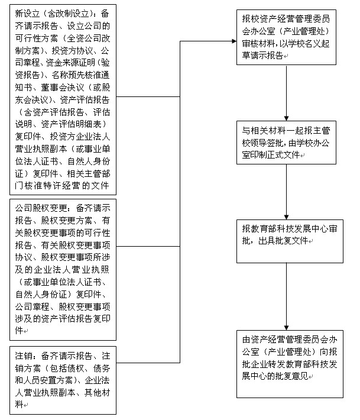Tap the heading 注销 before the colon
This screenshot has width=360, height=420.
point(24,356)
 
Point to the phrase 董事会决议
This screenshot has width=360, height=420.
point(63,88)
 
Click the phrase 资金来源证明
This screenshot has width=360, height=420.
point(70,63)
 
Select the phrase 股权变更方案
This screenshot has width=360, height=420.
point(67,221)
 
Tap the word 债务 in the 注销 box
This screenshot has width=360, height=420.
point(102,369)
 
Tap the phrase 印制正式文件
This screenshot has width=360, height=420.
point(275,155)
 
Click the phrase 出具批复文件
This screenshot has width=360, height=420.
point(283,241)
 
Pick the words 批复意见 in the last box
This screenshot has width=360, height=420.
point(292,376)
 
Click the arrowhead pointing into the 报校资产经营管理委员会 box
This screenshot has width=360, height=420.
point(235,41)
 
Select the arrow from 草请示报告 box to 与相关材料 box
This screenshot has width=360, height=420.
point(286,93)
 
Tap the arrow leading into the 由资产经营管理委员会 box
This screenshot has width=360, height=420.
point(286,296)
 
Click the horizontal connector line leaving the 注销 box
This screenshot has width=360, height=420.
point(148,363)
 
